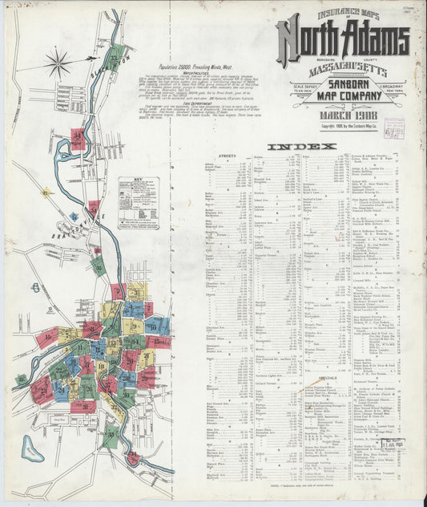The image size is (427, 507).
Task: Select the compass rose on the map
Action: coord(58,62)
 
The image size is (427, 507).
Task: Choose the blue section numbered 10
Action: coord(157,324)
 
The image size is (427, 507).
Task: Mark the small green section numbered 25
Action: coord(21,379)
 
